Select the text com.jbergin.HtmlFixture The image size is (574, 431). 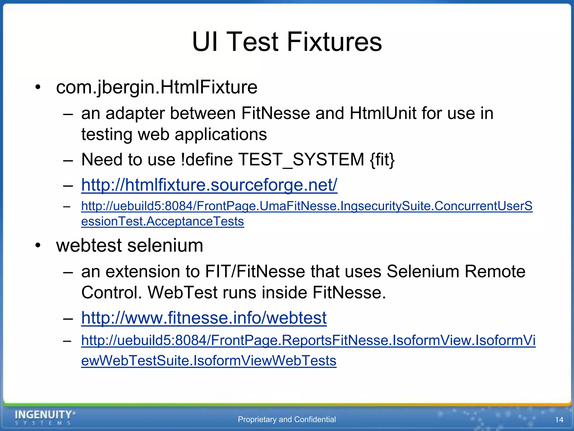tap(156, 87)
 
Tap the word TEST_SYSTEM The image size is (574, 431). tap(301, 160)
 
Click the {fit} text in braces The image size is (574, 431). tap(382, 160)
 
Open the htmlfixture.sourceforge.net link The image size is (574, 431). tap(209, 185)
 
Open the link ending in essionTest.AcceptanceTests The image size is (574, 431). tap(163, 221)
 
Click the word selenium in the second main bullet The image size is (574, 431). tap(165, 246)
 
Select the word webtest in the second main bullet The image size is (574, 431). tap(89, 246)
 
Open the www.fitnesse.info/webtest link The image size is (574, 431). tap(204, 318)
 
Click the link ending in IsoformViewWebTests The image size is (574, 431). tap(209, 361)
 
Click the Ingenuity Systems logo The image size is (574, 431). tap(45, 417)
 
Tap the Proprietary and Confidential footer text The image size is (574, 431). tap(287, 419)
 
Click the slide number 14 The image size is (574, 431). tap(559, 420)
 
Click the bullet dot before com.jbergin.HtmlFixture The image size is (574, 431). tap(38, 87)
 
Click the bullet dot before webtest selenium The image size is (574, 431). tap(38, 246)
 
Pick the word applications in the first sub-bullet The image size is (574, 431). tap(221, 134)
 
